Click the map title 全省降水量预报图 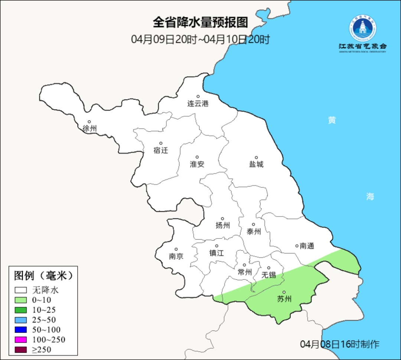200,23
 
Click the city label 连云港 198,104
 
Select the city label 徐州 89,129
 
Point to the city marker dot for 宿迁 161,143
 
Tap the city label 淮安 197,164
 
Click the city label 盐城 256,164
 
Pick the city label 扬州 223,225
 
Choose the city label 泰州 254,232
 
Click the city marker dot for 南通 297,246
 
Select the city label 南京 176,256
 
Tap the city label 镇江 216,253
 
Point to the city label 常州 245,272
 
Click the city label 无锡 269,275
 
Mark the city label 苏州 284,299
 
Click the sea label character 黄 332,120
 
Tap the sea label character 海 370,197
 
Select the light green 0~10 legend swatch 21,300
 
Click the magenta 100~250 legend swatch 21,340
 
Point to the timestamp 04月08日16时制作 340,344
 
